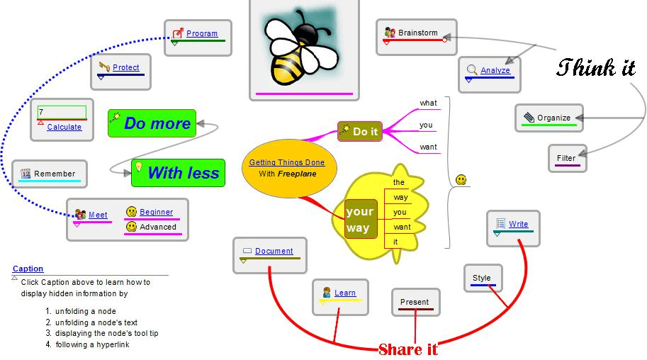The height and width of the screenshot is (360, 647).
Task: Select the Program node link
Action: [202, 33]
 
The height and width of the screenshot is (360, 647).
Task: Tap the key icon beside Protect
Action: [105, 67]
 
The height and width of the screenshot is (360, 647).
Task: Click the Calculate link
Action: [64, 127]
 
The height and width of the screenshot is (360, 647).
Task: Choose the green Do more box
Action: [157, 123]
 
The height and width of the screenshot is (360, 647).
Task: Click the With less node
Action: [183, 172]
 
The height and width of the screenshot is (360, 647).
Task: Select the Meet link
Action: [98, 215]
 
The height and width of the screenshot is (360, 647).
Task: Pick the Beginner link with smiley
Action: [156, 212]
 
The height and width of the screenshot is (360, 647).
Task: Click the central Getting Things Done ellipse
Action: [286, 168]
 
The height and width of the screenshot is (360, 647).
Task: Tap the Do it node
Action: [365, 131]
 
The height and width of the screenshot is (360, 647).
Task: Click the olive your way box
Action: [359, 220]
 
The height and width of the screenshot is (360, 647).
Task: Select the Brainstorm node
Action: [417, 33]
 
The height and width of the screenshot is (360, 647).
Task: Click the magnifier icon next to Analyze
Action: [472, 70]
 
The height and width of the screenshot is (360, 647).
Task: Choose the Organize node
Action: [553, 118]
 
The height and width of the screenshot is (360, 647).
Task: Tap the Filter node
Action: [566, 158]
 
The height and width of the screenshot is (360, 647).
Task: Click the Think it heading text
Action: [595, 69]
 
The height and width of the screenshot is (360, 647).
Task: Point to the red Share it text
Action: [407, 349]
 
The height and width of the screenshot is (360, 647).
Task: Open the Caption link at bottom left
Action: [28, 269]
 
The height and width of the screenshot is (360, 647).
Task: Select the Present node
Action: [415, 302]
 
